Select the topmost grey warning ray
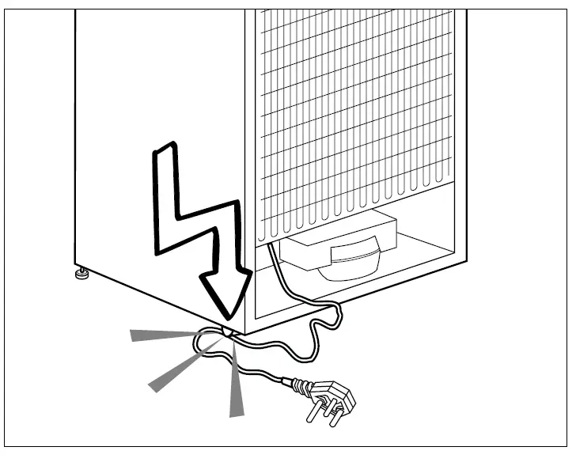coord(162,335)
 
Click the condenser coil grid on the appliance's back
coord(356,103)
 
